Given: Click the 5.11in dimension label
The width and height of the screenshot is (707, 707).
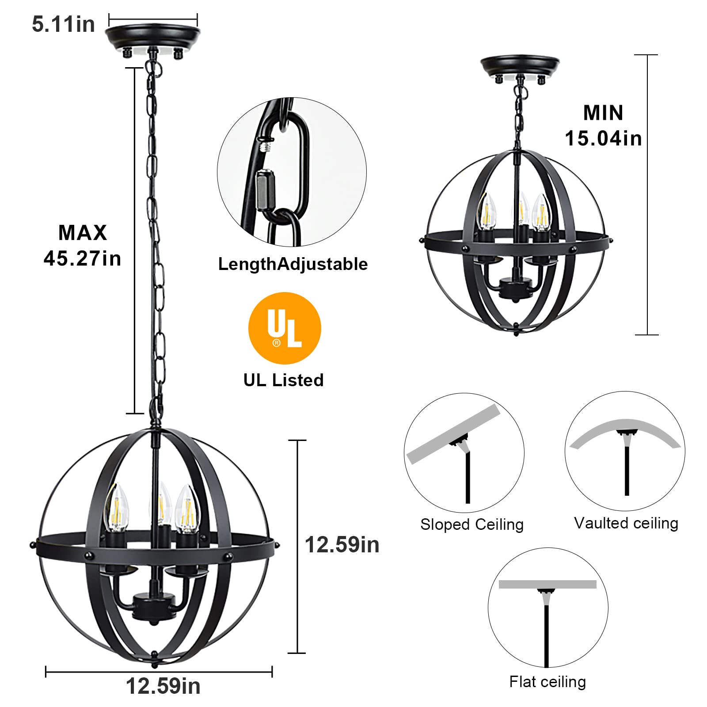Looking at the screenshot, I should pyautogui.click(x=63, y=24).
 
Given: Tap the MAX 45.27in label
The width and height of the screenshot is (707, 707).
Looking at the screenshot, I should pyautogui.click(x=83, y=245).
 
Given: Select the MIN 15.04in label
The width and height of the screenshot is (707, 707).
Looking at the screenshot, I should pyautogui.click(x=603, y=125).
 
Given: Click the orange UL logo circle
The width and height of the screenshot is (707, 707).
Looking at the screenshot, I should pyautogui.click(x=285, y=328).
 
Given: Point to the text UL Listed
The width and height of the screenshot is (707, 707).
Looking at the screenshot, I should pyautogui.click(x=283, y=380).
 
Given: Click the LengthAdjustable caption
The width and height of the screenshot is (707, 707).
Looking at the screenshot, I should pyautogui.click(x=293, y=264).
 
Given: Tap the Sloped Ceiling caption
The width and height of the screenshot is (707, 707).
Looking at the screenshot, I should pyautogui.click(x=472, y=525).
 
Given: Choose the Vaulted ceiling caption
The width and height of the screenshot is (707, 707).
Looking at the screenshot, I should pyautogui.click(x=626, y=523).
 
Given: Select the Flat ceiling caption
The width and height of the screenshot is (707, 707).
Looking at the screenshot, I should pyautogui.click(x=547, y=681).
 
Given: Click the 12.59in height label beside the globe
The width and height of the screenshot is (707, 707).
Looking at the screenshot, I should pyautogui.click(x=342, y=545).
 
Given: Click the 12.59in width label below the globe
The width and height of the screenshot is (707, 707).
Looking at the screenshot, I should pyautogui.click(x=163, y=686).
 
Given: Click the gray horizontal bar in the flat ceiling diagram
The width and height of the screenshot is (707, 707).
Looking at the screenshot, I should pyautogui.click(x=547, y=584).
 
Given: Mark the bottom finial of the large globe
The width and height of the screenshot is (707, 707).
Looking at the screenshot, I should pyautogui.click(x=154, y=664).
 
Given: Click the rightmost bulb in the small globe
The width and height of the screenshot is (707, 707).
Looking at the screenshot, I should pyautogui.click(x=540, y=212).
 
